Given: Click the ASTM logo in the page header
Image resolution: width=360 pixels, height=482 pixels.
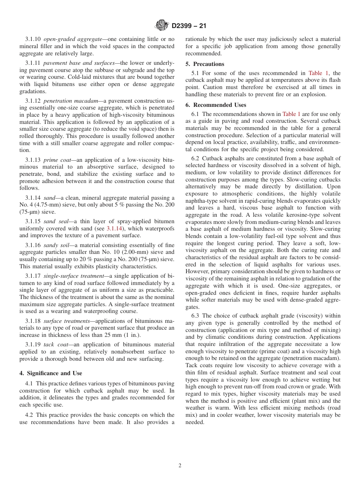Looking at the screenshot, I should point(162,25).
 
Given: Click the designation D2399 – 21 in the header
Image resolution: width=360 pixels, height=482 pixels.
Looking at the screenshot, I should point(189,26).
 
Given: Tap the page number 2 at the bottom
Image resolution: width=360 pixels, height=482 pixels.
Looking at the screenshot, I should point(180,466).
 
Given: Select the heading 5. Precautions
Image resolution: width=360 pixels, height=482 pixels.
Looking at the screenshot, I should point(205,64).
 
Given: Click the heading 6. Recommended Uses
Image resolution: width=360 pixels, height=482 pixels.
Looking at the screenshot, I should point(216,105).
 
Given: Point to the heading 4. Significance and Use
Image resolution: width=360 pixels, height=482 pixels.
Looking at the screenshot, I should point(51,373).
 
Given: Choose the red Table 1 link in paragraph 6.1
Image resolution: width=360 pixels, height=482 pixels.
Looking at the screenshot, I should point(291,114).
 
